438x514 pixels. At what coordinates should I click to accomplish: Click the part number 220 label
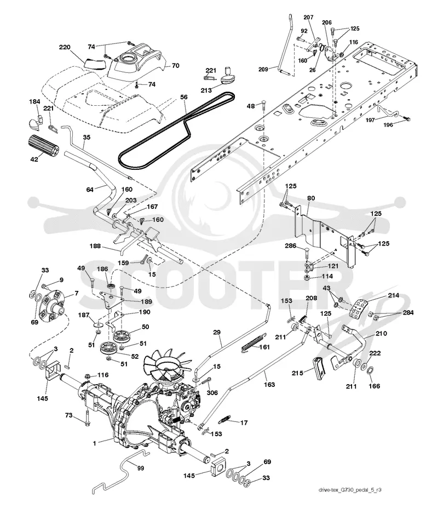[65, 47]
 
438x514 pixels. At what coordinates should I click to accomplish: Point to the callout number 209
[263, 69]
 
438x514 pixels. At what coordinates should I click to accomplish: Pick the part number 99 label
[141, 468]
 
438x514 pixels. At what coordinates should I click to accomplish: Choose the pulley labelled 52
[109, 349]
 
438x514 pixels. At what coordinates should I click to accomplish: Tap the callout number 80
[311, 198]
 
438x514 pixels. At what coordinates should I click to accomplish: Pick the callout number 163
[269, 384]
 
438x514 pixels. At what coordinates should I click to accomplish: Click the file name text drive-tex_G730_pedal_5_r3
[349, 490]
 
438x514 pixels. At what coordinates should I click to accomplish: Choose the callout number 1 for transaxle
[95, 443]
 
